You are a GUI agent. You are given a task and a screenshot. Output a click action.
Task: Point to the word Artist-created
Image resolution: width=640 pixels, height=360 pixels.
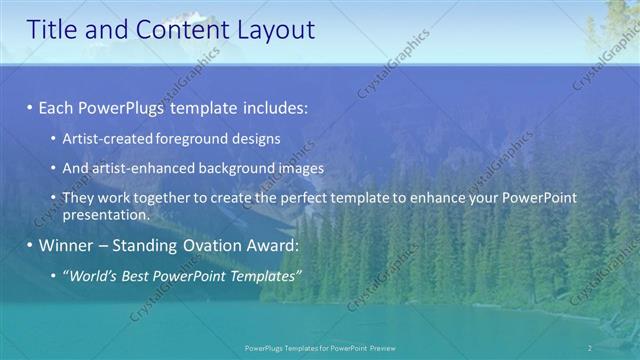click(x=104, y=139)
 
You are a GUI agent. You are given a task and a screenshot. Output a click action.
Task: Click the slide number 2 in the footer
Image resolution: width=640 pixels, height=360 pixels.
click(x=591, y=347)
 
